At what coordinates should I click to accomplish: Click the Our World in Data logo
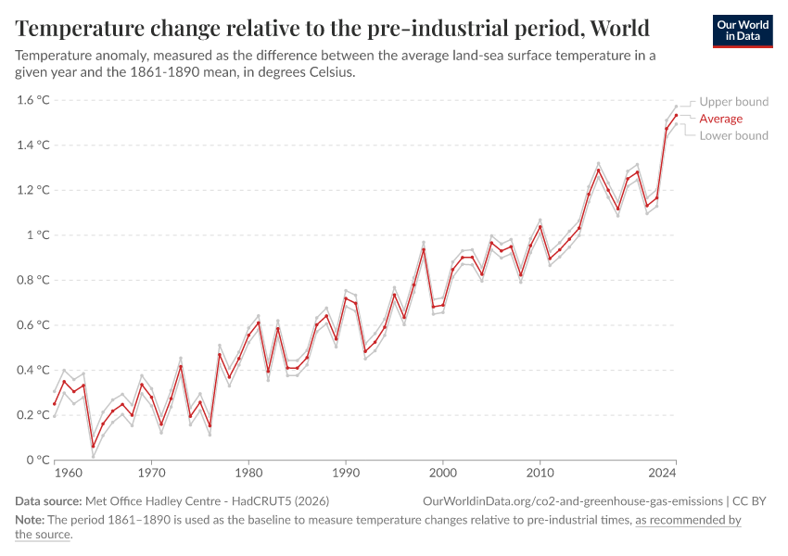(x=743, y=31)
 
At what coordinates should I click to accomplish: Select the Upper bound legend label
(x=733, y=102)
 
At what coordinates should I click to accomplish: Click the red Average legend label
(x=720, y=119)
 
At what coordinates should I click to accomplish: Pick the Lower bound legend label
(x=733, y=135)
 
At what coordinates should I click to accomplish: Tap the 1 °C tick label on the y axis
(x=38, y=235)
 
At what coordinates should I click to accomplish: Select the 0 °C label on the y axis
(x=38, y=460)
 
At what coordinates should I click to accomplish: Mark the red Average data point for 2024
(x=676, y=116)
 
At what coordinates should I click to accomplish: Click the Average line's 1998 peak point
(x=424, y=249)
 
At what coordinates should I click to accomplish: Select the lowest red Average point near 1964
(x=94, y=447)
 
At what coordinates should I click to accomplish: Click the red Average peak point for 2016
(x=598, y=170)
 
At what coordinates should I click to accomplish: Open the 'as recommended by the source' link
(x=687, y=520)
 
